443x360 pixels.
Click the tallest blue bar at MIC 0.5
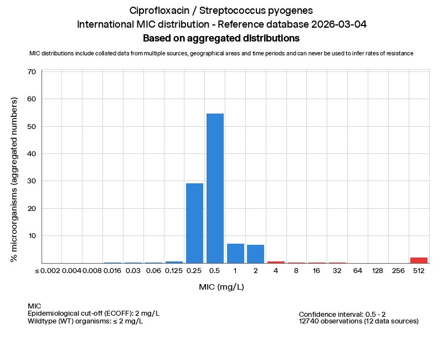[x=215, y=188]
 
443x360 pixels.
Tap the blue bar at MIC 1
[x=235, y=253]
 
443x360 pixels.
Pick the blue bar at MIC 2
[x=256, y=254]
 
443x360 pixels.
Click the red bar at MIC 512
[x=419, y=260]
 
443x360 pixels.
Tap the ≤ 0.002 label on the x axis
[x=47, y=271]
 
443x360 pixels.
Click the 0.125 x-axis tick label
[x=174, y=271]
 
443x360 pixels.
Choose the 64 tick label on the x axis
[x=358, y=271]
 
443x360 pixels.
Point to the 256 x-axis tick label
[x=398, y=271]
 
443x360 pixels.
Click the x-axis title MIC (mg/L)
[x=221, y=287]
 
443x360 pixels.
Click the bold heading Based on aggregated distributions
[x=221, y=38]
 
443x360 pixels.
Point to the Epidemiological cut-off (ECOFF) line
[x=94, y=313]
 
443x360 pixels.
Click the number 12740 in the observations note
[x=310, y=321]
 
